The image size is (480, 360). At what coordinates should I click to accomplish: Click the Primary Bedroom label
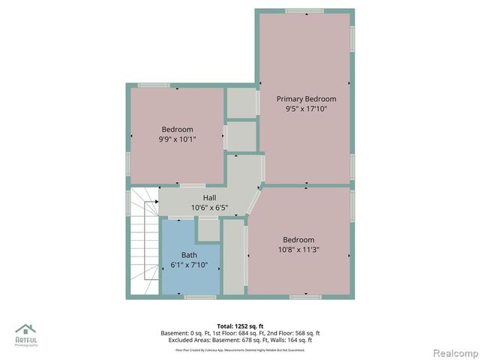click(306, 99)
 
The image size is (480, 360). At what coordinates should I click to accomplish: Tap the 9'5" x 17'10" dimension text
click(306, 109)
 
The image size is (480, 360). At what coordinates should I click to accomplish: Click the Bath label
click(189, 255)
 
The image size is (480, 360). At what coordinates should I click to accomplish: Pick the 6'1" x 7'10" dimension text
click(189, 264)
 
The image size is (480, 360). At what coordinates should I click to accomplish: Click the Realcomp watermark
click(454, 352)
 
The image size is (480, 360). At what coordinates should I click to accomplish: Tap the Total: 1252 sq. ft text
click(240, 326)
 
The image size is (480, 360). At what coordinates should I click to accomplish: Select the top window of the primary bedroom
click(304, 10)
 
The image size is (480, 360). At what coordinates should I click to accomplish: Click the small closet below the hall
click(208, 230)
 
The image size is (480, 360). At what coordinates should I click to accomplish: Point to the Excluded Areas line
click(240, 340)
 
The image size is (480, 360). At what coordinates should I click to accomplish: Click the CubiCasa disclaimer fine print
click(240, 349)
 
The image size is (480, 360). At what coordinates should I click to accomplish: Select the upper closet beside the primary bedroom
click(241, 103)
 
